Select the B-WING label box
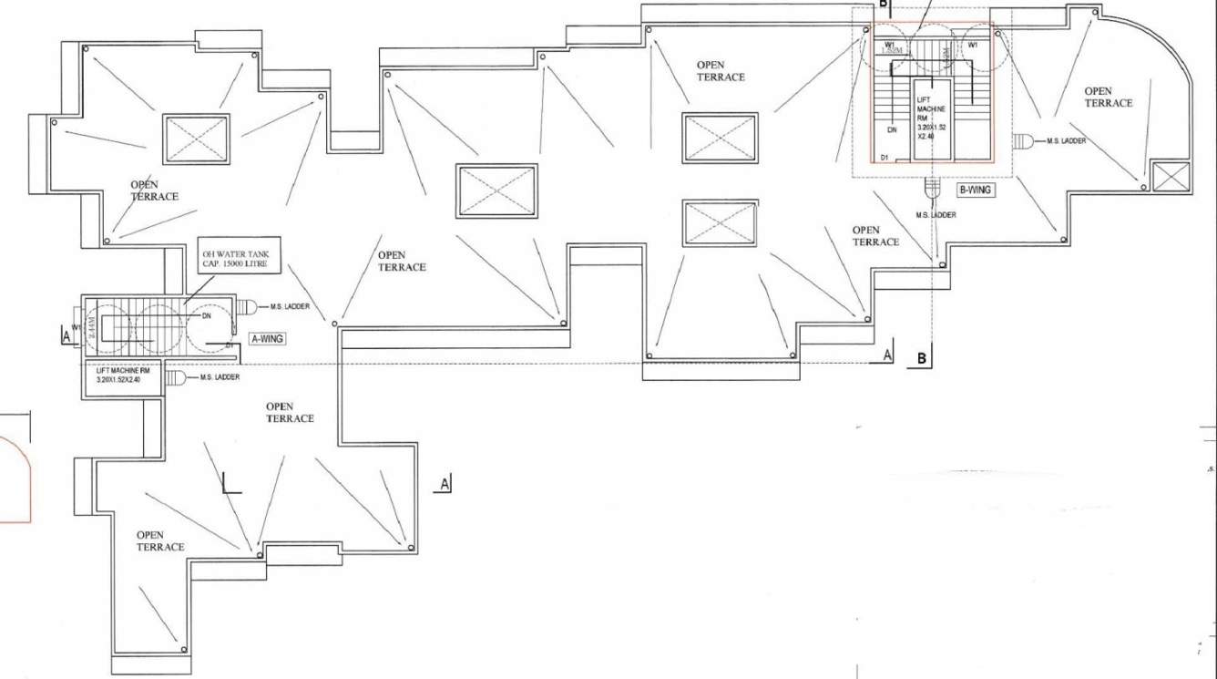pyautogui.click(x=976, y=190)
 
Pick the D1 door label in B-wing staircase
pyautogui.click(x=884, y=158)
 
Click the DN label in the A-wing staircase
pyautogui.click(x=207, y=316)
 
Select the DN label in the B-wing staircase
pyautogui.click(x=892, y=130)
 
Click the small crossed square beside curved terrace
pyautogui.click(x=1171, y=177)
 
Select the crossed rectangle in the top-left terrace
pyautogui.click(x=196, y=139)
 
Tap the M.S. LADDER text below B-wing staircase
pyautogui.click(x=936, y=214)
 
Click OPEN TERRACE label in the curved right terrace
pyautogui.click(x=1109, y=97)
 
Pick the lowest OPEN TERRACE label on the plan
pyautogui.click(x=160, y=540)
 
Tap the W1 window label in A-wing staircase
pyautogui.click(x=77, y=327)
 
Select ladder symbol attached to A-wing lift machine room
pyautogui.click(x=176, y=377)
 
